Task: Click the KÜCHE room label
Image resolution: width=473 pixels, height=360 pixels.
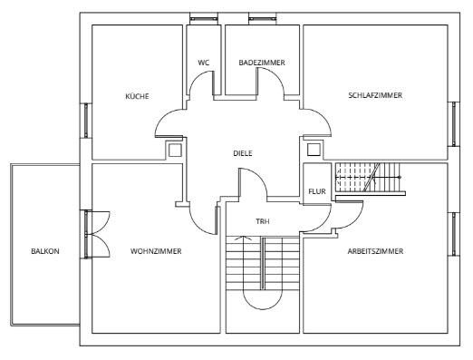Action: (137, 96)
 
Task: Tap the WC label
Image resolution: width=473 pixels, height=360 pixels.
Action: (204, 63)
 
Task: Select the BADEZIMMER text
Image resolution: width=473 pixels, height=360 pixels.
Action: (262, 63)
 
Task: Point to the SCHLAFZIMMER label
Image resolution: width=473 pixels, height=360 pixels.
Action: (375, 95)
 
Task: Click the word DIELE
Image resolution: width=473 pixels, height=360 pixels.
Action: (243, 153)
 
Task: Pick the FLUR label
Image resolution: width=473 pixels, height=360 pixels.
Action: (317, 191)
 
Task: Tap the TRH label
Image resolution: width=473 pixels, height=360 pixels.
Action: (263, 221)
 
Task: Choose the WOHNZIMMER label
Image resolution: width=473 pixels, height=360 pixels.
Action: (156, 251)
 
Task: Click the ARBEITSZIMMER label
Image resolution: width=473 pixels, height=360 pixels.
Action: (375, 251)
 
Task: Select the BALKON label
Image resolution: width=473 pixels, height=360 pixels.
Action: (45, 251)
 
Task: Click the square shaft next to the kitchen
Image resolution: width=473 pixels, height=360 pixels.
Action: (175, 151)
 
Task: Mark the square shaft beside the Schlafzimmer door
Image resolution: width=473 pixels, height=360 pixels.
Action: (314, 150)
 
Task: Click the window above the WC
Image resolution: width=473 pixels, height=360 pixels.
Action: (204, 19)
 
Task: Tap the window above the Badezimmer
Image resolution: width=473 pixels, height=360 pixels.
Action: (263, 19)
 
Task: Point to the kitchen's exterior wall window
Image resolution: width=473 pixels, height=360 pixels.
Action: (86, 121)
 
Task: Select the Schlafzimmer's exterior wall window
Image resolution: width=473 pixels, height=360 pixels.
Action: (454, 124)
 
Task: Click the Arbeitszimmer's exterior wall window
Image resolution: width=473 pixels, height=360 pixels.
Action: (454, 234)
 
